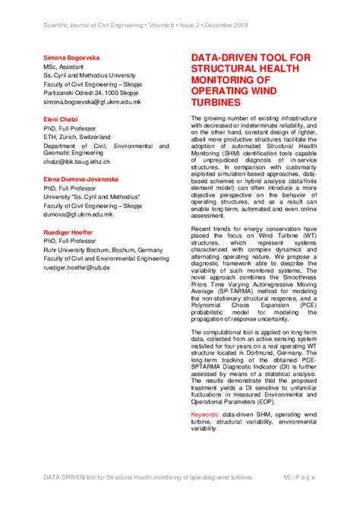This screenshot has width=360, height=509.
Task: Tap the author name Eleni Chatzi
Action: [63, 119]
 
